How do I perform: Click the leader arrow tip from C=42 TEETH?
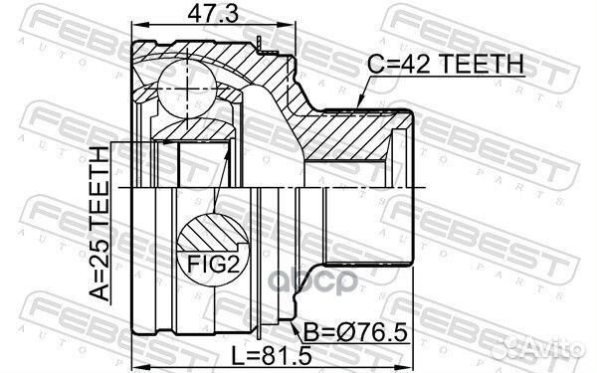point(357,102)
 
